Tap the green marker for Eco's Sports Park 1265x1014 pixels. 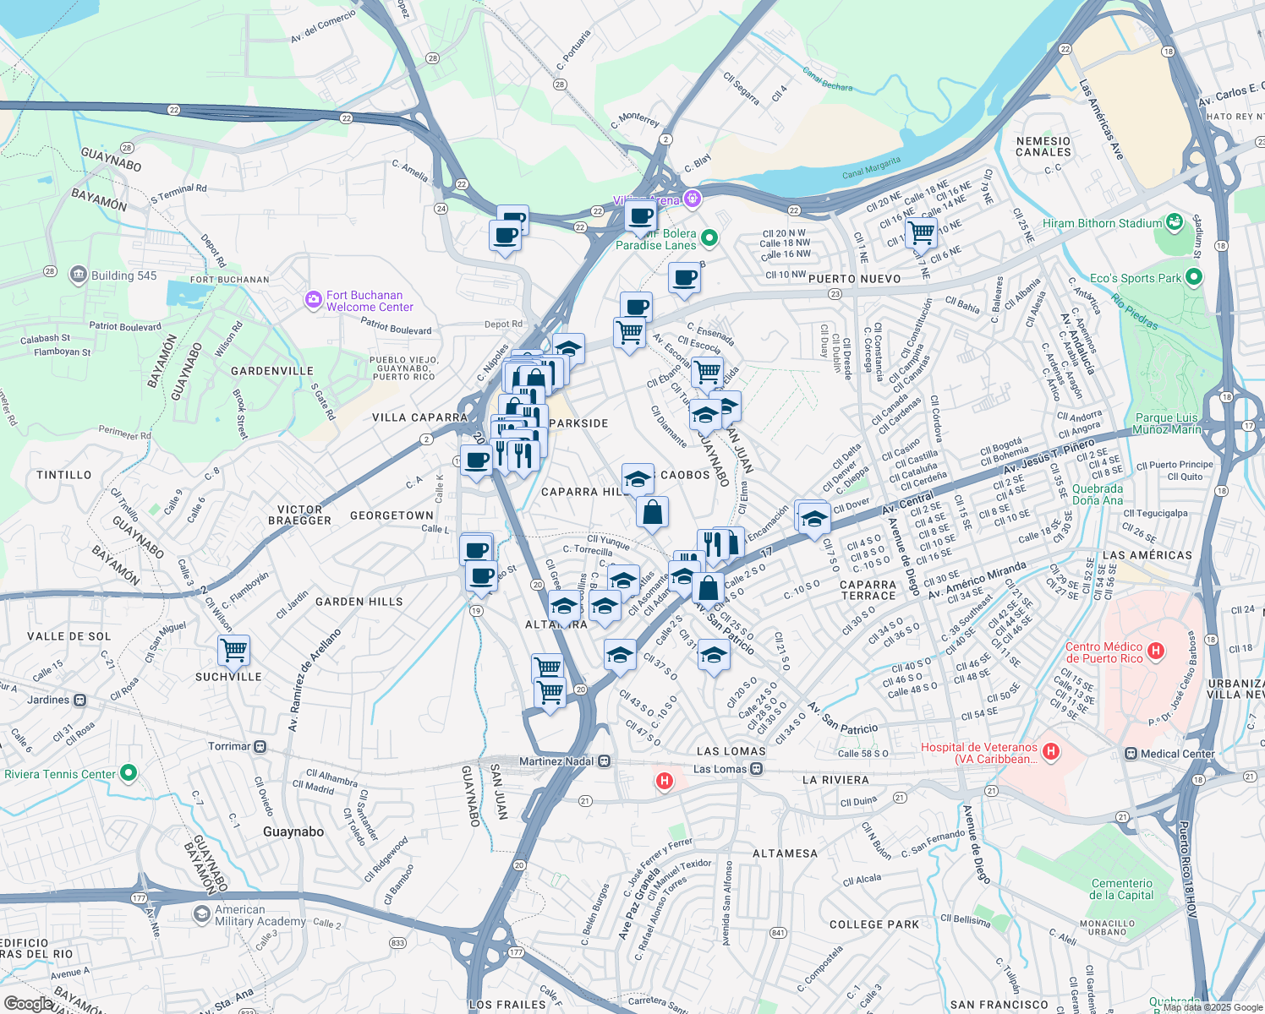point(1193,277)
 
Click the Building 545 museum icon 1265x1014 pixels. point(79,275)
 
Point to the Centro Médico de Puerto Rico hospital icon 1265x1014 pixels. point(1157,651)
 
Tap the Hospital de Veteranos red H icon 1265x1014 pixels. point(1050,750)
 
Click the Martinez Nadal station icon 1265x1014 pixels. point(604,761)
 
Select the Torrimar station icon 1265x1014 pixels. point(260,747)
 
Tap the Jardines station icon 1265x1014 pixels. point(79,700)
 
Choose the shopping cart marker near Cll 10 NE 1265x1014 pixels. point(921,231)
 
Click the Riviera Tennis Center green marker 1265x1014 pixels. point(128,773)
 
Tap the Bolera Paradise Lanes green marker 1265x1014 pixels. point(709,239)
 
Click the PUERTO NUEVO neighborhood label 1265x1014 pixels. point(854,279)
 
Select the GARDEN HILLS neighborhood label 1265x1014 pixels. point(359,602)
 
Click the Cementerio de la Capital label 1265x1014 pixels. point(1121,889)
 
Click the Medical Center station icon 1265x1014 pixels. point(1131,754)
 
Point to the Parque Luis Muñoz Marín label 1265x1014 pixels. point(1166,423)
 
